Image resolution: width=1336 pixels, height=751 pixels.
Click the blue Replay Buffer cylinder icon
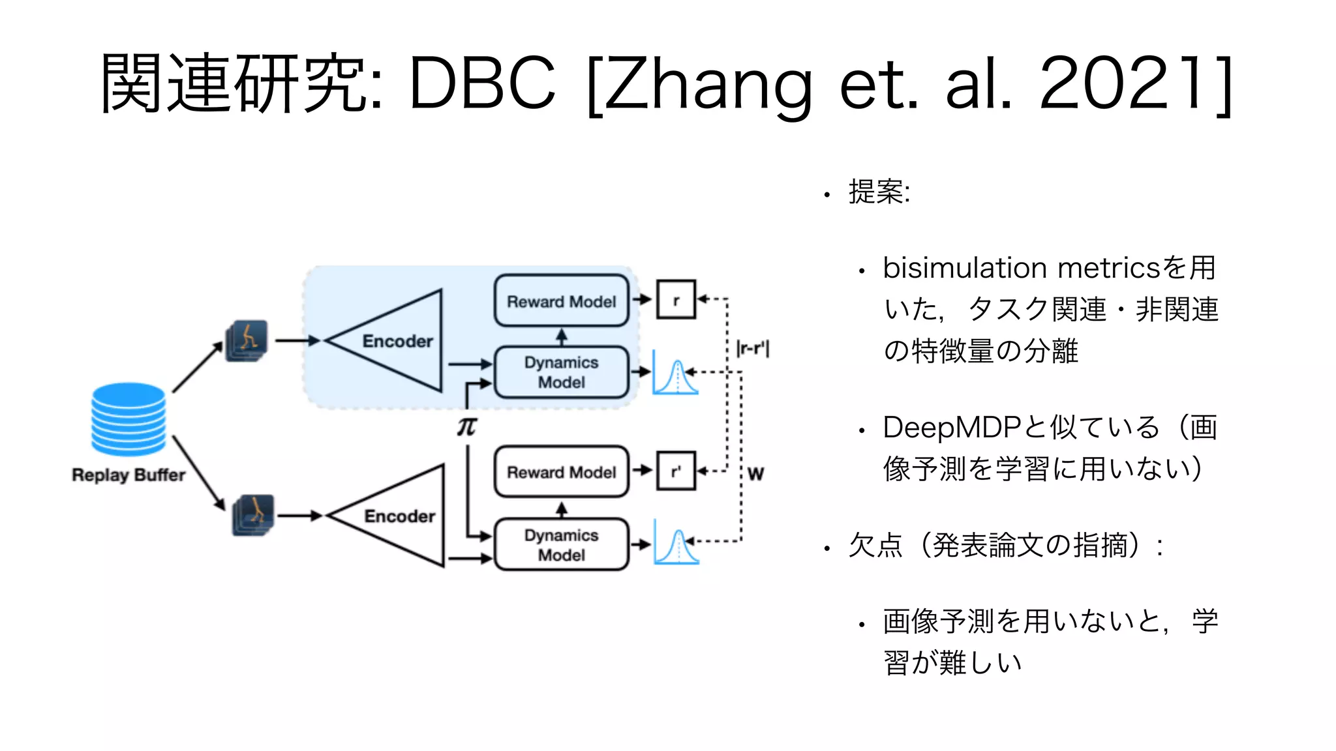click(x=129, y=419)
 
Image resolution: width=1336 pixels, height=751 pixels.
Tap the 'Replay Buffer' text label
click(x=129, y=475)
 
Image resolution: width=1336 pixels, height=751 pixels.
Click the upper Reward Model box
click(x=561, y=301)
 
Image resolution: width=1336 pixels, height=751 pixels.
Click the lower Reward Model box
click(x=561, y=472)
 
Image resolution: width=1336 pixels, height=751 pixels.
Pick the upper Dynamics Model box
click(x=561, y=372)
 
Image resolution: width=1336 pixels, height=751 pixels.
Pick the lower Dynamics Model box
click(x=561, y=545)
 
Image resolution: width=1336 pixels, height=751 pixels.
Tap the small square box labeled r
click(x=676, y=300)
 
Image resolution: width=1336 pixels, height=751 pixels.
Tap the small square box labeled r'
click(x=676, y=471)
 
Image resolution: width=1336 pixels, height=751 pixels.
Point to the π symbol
click(x=467, y=426)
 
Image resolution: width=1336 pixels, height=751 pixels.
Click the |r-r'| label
click(x=753, y=348)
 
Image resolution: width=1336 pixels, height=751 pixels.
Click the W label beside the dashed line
click(x=755, y=474)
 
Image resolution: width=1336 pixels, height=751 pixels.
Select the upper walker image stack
click(x=247, y=340)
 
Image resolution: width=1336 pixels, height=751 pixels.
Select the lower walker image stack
click(x=253, y=515)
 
